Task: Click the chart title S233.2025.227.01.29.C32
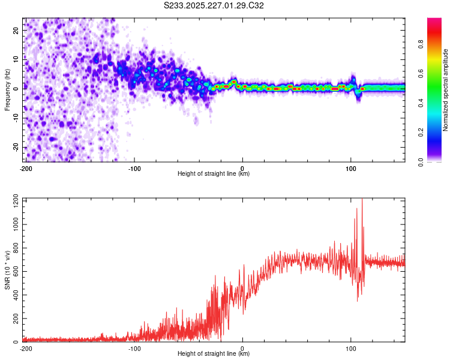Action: [x=214, y=5]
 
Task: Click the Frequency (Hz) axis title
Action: [x=7, y=89]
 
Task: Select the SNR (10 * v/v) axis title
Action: [x=7, y=269]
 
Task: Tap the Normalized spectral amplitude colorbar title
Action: [x=445, y=90]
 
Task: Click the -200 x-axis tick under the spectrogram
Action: [x=26, y=168]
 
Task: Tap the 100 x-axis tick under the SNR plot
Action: [x=351, y=348]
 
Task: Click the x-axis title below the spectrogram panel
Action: [x=214, y=174]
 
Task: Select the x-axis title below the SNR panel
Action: [x=214, y=354]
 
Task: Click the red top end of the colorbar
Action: [x=434, y=21]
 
